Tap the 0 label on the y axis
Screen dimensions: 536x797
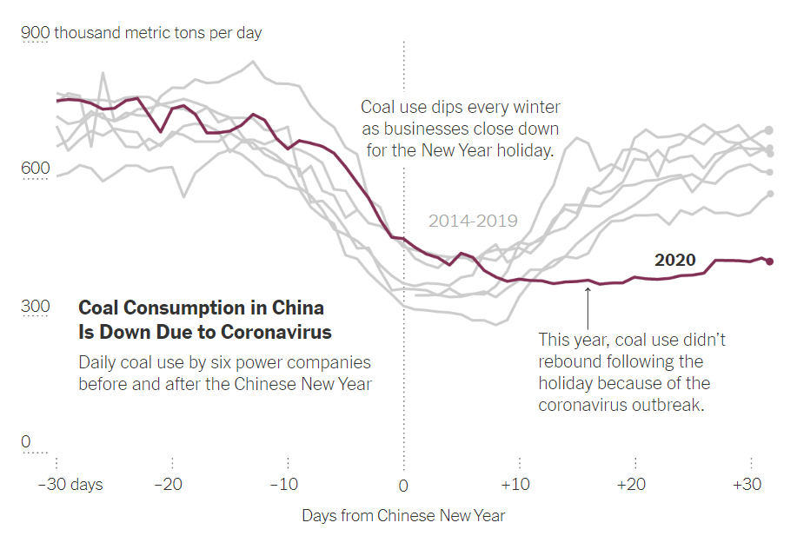[25, 442]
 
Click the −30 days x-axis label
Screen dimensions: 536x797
[70, 485]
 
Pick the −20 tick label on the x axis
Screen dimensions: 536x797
[170, 485]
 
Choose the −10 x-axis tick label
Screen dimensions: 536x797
[284, 485]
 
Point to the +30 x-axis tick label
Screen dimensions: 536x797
[748, 485]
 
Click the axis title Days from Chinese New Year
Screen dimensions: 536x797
[403, 516]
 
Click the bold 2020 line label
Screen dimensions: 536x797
[674, 261]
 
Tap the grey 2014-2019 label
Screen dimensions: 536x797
[473, 222]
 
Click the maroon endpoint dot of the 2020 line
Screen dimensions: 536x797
[769, 261]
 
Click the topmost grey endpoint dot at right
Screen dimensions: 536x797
[769, 130]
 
